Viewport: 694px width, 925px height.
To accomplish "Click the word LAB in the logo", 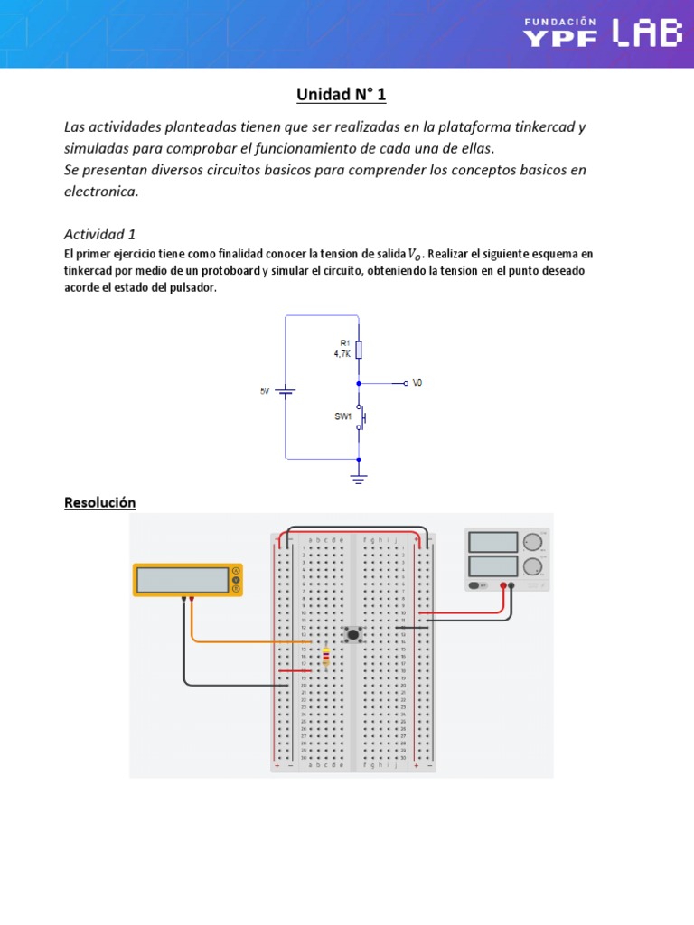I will point(646,33).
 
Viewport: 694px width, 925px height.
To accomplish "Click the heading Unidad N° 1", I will point(342,95).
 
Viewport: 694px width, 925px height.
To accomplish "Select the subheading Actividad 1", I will point(99,234).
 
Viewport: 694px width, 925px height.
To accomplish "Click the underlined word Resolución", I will point(99,502).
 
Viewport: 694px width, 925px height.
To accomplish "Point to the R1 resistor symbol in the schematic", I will point(359,350).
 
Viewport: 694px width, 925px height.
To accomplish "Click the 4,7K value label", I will point(342,354).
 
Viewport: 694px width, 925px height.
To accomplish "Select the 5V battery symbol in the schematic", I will point(286,391).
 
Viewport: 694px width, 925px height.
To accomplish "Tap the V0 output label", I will point(417,383).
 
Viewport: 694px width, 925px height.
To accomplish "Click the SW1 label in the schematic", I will point(342,417).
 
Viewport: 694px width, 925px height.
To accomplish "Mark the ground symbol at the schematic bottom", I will point(359,477).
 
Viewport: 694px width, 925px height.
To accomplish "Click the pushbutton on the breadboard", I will point(353,635).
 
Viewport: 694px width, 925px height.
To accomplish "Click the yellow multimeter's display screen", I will point(183,580).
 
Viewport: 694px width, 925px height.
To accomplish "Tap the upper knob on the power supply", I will point(532,542).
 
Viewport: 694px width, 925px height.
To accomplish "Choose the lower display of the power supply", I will point(493,566).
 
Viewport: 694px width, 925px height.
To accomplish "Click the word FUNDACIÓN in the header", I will point(560,20).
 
